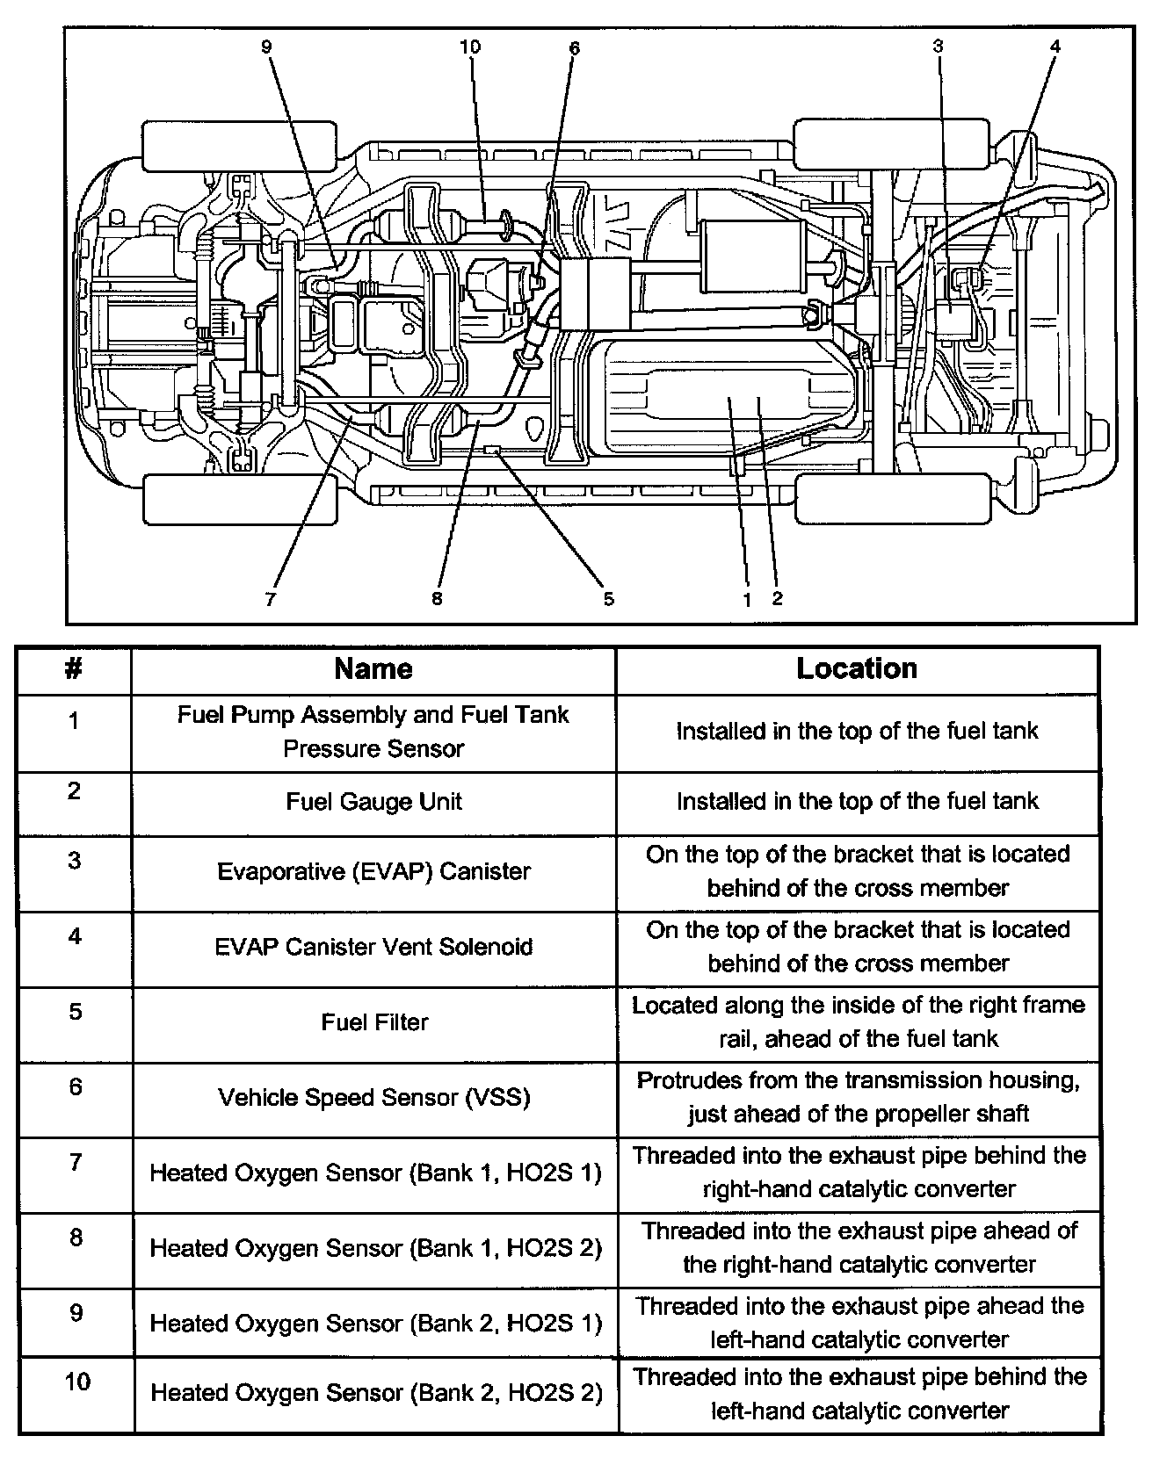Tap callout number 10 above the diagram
tap(470, 47)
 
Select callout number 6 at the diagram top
tap(574, 47)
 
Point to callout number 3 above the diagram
tap(938, 47)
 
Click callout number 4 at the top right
tap(1055, 47)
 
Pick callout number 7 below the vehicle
tap(271, 600)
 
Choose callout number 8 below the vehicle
tap(437, 600)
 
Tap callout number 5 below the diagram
tap(608, 600)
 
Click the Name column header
tap(373, 669)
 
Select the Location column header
tap(857, 669)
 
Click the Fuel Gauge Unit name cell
tap(373, 802)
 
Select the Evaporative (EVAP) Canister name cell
tap(373, 871)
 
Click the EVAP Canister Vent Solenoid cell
tap(373, 947)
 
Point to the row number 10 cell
tap(76, 1382)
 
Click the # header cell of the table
tap(74, 669)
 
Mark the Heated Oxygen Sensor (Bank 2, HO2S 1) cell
tap(375, 1324)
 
